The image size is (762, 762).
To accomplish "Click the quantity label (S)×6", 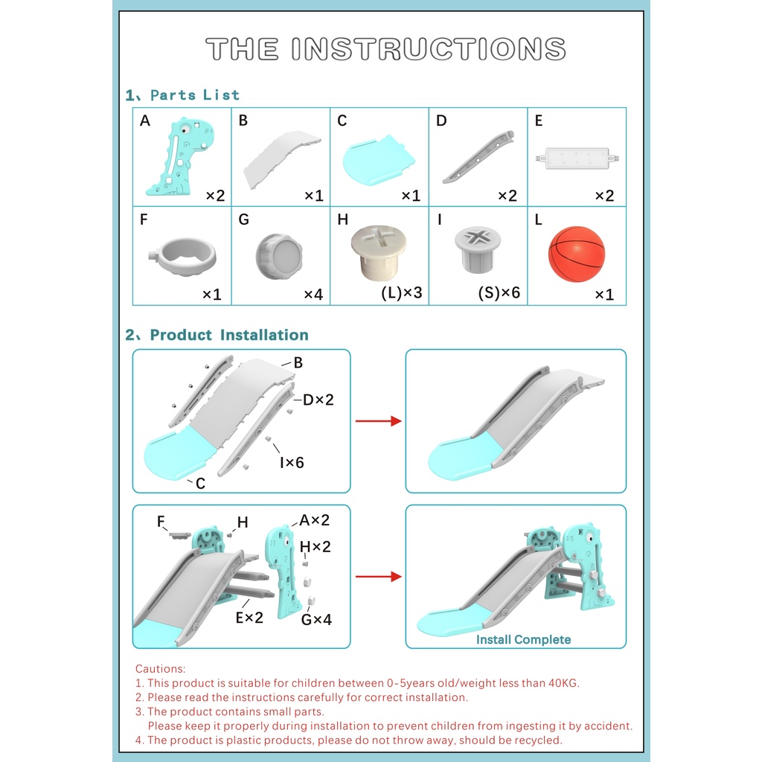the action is (x=499, y=292).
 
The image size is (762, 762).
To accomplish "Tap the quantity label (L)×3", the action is (x=401, y=292).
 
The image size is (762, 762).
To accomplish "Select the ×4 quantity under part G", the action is (x=313, y=295).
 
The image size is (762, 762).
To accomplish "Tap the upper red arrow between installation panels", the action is (x=378, y=421).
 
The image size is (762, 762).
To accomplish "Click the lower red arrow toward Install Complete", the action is (x=378, y=577).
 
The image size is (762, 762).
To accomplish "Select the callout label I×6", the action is (x=292, y=462).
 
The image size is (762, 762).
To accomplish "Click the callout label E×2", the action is (x=249, y=617).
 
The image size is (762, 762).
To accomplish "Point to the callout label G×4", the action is (x=316, y=618).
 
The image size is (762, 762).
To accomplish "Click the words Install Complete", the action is (x=523, y=639).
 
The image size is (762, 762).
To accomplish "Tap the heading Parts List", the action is (x=194, y=95).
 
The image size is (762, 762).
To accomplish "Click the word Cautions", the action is (x=161, y=669).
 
